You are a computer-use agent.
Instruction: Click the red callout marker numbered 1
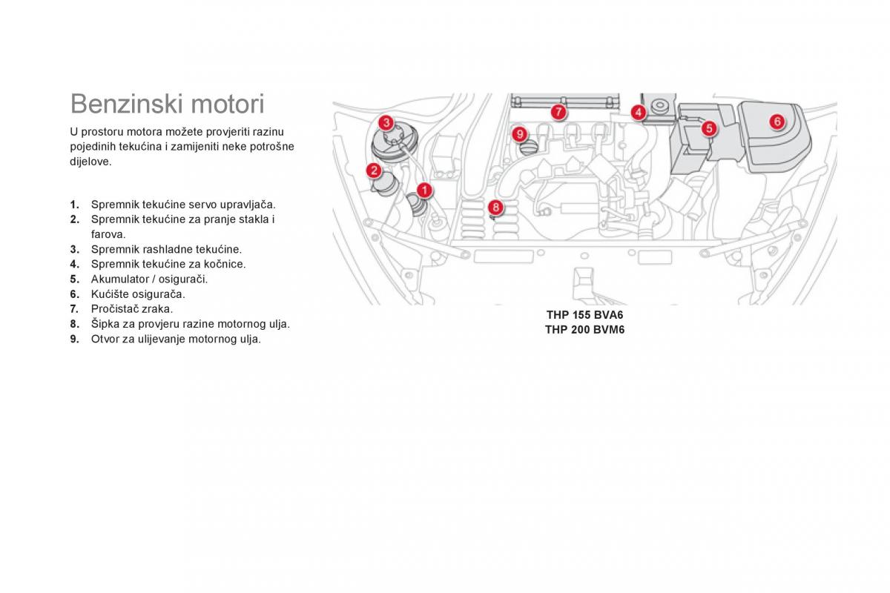tap(424, 191)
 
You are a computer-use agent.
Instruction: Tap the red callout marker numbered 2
tap(375, 171)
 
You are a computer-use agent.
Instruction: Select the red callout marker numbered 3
tap(386, 122)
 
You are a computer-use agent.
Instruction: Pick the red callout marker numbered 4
tap(639, 113)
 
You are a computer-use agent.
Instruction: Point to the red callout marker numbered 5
tap(708, 128)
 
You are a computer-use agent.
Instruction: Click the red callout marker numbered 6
tap(777, 122)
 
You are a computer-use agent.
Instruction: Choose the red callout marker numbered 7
tap(558, 113)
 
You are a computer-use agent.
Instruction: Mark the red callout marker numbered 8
tap(495, 208)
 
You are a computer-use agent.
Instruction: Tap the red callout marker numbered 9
tap(519, 134)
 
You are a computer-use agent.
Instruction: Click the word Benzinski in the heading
tap(123, 103)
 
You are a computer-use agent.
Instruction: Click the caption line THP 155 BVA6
tap(585, 315)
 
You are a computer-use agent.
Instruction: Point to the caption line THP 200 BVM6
tap(585, 330)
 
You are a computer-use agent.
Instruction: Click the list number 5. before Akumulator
tap(74, 279)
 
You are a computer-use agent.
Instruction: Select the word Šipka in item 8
tap(105, 324)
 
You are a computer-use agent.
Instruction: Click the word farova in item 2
tap(108, 234)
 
